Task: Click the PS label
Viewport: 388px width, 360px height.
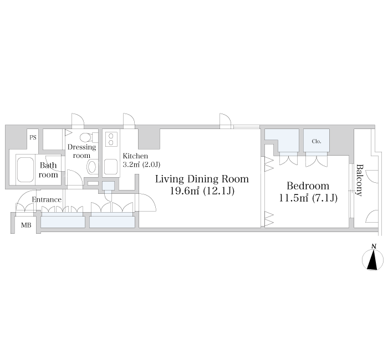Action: pyautogui.click(x=33, y=137)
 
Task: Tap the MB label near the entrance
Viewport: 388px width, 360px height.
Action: pyautogui.click(x=26, y=225)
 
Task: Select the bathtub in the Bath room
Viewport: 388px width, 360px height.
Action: pyautogui.click(x=25, y=169)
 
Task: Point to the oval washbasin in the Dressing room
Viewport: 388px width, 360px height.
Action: pyautogui.click(x=92, y=167)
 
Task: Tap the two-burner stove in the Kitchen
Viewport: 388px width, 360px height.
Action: pyautogui.click(x=111, y=139)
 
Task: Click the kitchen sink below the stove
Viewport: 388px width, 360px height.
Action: pyautogui.click(x=111, y=167)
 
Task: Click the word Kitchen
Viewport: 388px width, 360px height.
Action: pyautogui.click(x=135, y=156)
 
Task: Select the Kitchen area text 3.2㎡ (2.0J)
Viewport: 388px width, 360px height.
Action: pyautogui.click(x=141, y=164)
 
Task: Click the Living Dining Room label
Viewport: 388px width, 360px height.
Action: pyautogui.click(x=202, y=179)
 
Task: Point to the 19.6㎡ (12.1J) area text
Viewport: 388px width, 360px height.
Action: pyautogui.click(x=202, y=191)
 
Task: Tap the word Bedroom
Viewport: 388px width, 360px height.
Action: pyautogui.click(x=308, y=186)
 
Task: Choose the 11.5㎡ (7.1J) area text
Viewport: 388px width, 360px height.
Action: pyautogui.click(x=308, y=198)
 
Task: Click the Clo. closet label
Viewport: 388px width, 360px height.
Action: pyautogui.click(x=316, y=141)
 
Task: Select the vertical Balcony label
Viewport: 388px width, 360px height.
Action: pyautogui.click(x=359, y=180)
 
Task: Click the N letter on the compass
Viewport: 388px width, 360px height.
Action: pyautogui.click(x=374, y=246)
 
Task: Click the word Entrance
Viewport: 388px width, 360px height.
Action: pyautogui.click(x=47, y=199)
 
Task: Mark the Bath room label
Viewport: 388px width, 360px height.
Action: pyautogui.click(x=48, y=170)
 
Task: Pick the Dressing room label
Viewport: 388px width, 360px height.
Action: pyautogui.click(x=81, y=151)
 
